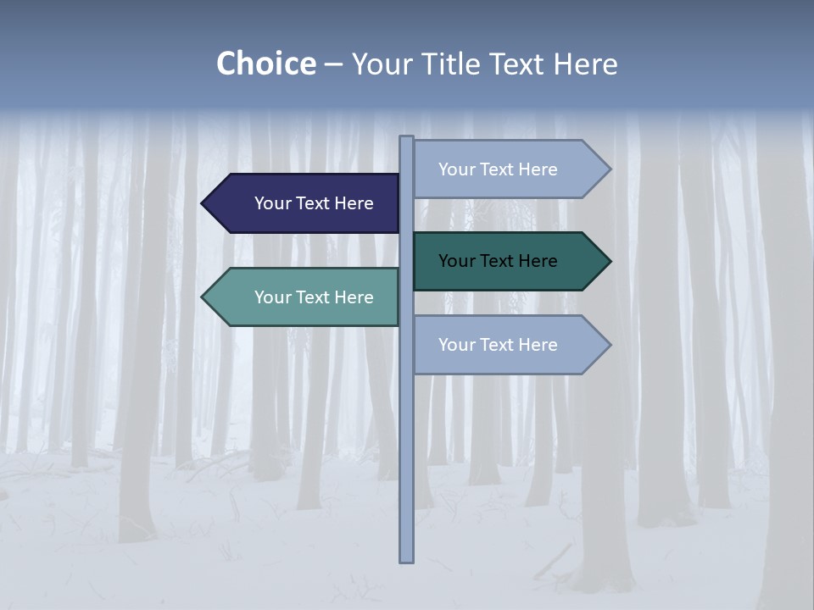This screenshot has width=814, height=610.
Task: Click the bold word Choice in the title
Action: (x=265, y=64)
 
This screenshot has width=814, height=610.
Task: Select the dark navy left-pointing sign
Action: (x=305, y=203)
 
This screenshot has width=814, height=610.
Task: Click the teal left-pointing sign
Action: (x=305, y=297)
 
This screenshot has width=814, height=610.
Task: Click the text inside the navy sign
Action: (x=314, y=203)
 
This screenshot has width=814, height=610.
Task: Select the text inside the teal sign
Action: (x=314, y=297)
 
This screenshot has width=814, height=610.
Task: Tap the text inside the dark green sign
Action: (x=498, y=261)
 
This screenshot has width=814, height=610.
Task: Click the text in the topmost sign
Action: (x=498, y=169)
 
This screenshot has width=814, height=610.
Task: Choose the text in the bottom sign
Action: (x=498, y=345)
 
